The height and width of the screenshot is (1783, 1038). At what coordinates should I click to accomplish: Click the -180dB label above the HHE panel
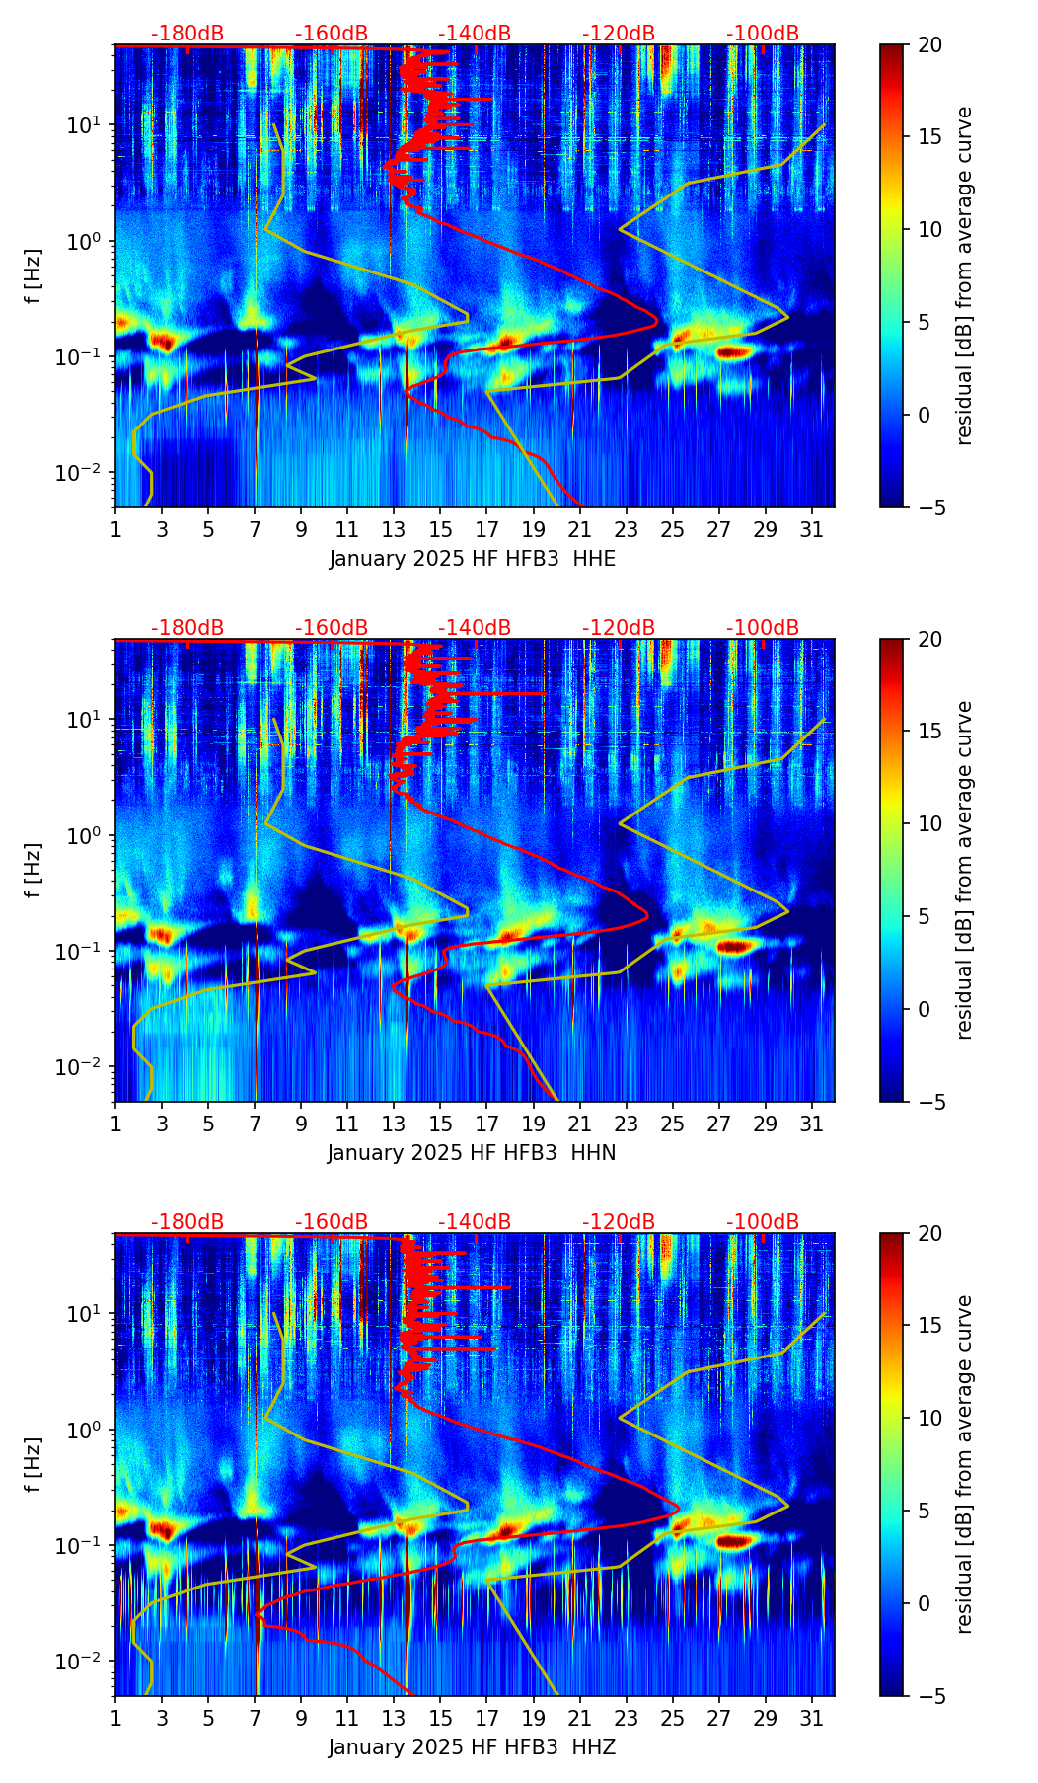187,34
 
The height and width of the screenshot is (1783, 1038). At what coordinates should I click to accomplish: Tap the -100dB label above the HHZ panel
763,1222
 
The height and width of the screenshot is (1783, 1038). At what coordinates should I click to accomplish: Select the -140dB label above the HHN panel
475,628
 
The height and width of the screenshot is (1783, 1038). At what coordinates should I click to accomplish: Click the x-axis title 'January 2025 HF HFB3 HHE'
472,559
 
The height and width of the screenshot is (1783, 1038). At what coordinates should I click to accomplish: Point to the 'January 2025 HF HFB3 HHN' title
472,1153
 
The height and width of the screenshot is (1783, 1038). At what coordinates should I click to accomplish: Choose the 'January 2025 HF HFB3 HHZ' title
472,1747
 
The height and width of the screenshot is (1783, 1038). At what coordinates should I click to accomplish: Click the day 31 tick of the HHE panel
811,529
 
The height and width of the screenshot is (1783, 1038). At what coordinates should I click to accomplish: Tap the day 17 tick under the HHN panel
486,1124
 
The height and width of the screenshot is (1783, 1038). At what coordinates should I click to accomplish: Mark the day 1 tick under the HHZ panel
115,1718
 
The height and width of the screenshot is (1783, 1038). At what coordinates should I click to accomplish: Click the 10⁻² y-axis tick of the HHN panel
83,1067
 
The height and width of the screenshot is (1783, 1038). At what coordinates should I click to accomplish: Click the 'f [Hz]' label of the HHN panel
33,870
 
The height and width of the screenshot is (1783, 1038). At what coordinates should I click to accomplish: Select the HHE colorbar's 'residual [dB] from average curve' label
965,275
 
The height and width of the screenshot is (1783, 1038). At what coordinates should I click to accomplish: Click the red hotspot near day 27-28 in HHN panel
735,947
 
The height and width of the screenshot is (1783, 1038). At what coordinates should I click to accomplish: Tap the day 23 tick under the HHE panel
626,529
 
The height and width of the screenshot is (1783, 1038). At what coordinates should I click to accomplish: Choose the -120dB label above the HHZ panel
619,1222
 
